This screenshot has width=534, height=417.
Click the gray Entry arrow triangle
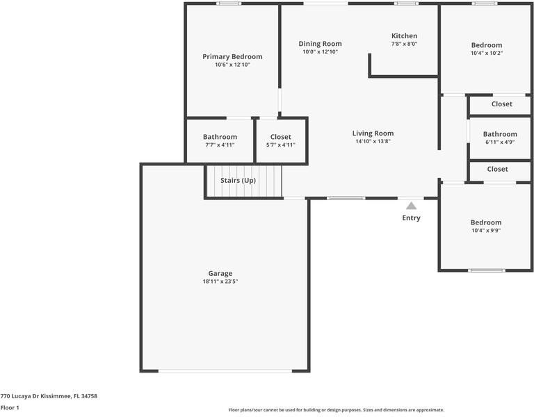click(x=412, y=206)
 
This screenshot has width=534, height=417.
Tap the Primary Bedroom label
click(x=233, y=57)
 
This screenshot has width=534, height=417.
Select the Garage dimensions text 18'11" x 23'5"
click(x=220, y=281)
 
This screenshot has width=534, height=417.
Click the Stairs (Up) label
click(x=238, y=181)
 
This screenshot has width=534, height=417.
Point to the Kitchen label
click(x=404, y=35)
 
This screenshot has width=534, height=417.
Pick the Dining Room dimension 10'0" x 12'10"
click(x=320, y=51)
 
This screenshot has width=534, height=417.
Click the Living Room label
click(x=373, y=133)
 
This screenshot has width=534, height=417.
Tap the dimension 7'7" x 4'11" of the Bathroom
click(x=220, y=145)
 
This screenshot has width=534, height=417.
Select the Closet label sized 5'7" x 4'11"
click(x=281, y=137)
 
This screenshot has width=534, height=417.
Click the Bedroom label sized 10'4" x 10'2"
click(x=487, y=45)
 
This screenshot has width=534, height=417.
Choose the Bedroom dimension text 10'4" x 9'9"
click(x=486, y=231)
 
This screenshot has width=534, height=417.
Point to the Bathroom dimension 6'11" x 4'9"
click(x=500, y=142)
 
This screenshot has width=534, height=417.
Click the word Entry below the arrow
click(x=412, y=218)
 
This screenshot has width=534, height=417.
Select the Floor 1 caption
click(x=10, y=407)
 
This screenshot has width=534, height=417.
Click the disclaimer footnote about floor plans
click(x=336, y=410)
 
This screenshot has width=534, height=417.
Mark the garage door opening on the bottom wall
click(x=225, y=370)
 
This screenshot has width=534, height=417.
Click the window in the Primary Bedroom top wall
click(x=229, y=3)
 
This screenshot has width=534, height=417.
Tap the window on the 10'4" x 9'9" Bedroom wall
click(x=487, y=270)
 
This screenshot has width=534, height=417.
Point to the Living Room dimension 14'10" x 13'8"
click(x=373, y=141)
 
